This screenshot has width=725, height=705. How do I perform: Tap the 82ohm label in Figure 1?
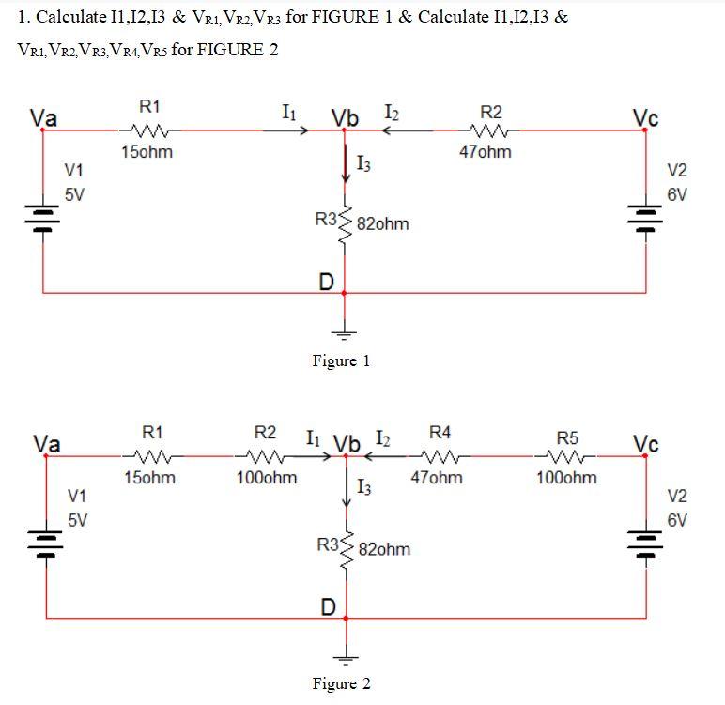(x=383, y=224)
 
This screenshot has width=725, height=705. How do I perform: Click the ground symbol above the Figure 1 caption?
(x=345, y=331)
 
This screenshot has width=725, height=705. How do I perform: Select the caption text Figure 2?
(x=341, y=683)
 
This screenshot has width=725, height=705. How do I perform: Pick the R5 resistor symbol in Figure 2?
(x=566, y=457)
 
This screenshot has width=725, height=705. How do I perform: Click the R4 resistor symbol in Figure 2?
(x=440, y=457)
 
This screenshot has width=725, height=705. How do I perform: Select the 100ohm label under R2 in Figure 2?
(x=267, y=478)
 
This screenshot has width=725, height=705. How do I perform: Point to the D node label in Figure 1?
(x=327, y=281)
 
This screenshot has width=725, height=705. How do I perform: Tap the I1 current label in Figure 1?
(x=290, y=114)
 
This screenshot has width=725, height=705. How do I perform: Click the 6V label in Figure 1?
(x=677, y=194)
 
